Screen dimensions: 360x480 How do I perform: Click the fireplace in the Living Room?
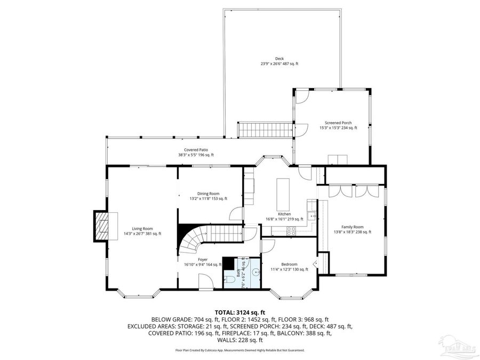coord(102,226)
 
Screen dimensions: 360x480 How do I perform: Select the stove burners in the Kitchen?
coord(292,230)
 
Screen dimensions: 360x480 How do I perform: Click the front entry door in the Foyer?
coord(206,282)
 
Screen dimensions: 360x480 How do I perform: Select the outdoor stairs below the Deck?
coord(266,129)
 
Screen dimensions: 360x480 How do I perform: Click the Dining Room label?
coord(204,194)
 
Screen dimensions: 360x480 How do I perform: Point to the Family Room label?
coord(352,227)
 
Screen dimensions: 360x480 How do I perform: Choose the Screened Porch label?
coord(338,123)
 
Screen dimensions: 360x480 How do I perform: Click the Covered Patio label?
coord(196,150)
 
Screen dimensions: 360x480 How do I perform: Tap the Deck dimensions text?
coord(279,63)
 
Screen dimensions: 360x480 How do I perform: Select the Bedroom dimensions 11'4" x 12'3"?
coord(290,269)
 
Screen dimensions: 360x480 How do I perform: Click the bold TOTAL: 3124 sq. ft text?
coord(239,312)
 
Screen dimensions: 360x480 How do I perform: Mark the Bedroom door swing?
coord(268,245)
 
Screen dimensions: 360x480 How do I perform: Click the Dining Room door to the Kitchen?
coord(236,214)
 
